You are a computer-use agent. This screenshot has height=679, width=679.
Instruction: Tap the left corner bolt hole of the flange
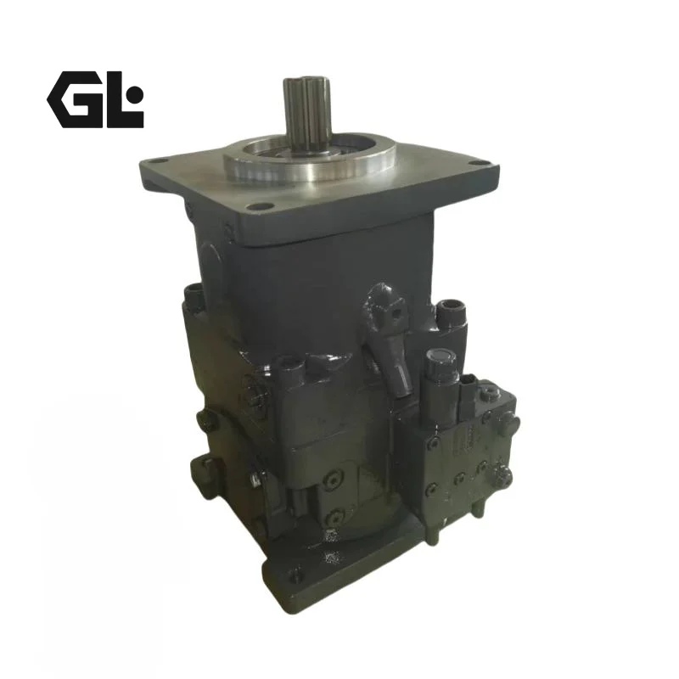(160, 162)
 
